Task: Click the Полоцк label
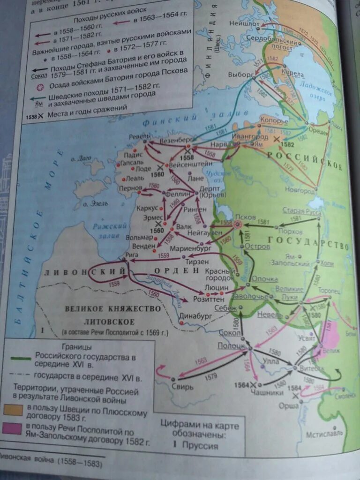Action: tap(231, 345)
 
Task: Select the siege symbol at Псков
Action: tap(238, 225)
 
